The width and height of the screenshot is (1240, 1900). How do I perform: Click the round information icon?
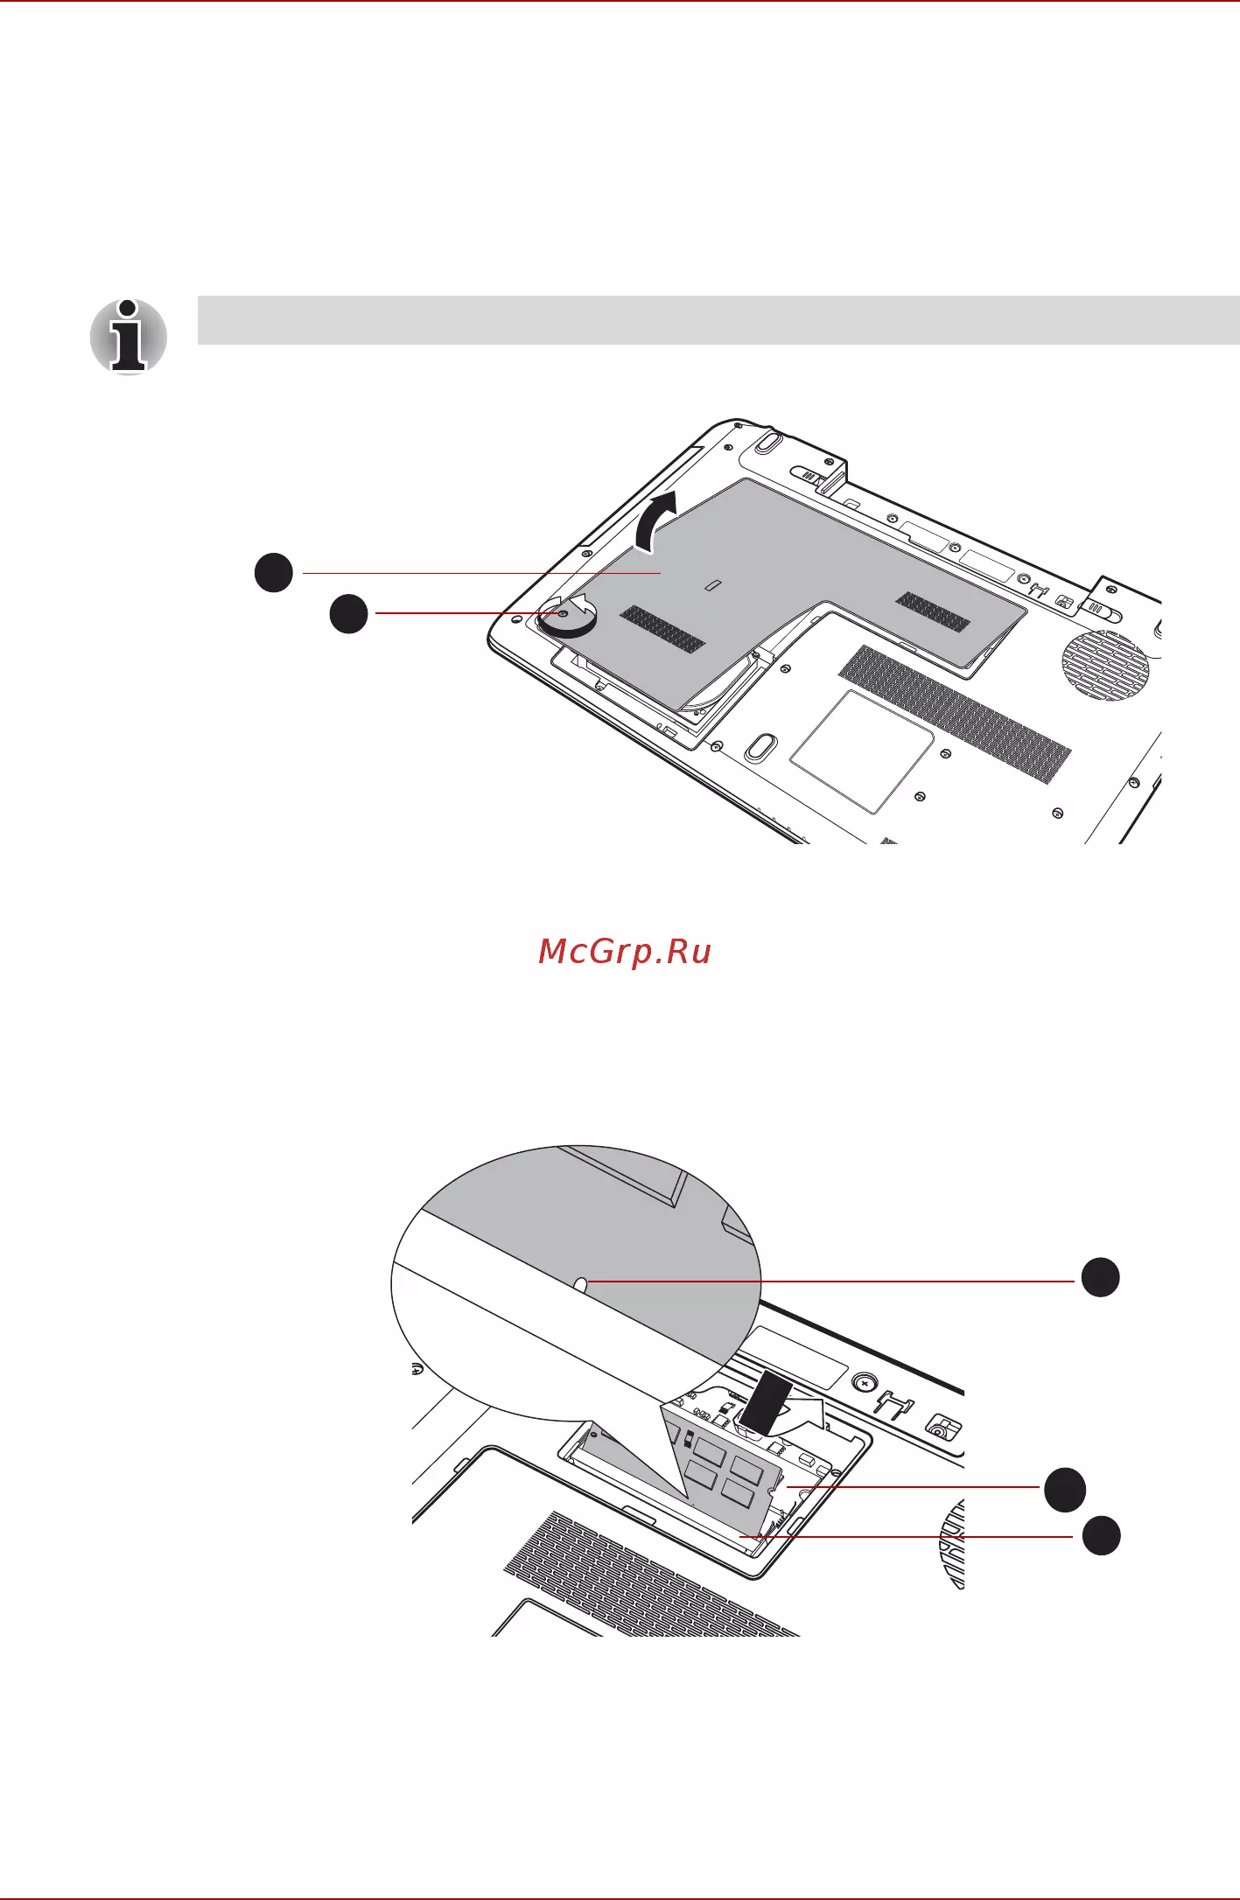pyautogui.click(x=129, y=338)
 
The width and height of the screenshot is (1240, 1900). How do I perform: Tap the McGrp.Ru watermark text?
pyautogui.click(x=625, y=953)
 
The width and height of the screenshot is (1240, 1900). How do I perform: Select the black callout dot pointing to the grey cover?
pyautogui.click(x=274, y=573)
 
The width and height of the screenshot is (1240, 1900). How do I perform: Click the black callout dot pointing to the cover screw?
pyautogui.click(x=348, y=614)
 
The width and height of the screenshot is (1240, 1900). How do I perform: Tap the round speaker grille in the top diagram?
pyautogui.click(x=1105, y=665)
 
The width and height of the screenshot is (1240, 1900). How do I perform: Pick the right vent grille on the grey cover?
pyautogui.click(x=934, y=611)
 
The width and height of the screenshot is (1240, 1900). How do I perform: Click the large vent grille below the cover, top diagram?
pyautogui.click(x=955, y=714)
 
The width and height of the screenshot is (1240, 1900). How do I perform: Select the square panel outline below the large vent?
pyautogui.click(x=862, y=751)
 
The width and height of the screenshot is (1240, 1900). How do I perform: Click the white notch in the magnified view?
pyautogui.click(x=581, y=1283)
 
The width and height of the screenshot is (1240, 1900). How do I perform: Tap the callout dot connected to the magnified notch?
pyautogui.click(x=1100, y=1278)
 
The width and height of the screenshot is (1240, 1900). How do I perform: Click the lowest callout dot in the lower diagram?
pyautogui.click(x=1101, y=1536)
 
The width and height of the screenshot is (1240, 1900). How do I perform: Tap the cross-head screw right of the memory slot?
pyautogui.click(x=865, y=1384)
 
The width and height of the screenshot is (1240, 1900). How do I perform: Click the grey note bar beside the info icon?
pyautogui.click(x=718, y=320)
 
